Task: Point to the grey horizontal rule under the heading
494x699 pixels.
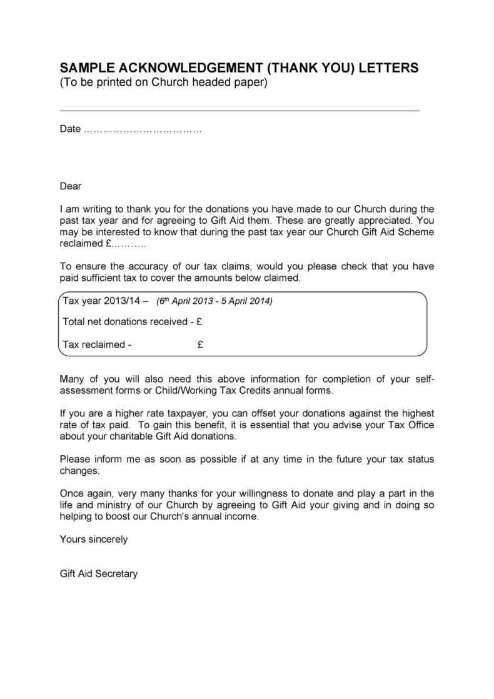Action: click(x=239, y=111)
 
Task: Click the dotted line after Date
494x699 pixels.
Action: click(x=143, y=129)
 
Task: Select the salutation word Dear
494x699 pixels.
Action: click(x=71, y=186)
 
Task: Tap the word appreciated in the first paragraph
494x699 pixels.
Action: click(x=382, y=221)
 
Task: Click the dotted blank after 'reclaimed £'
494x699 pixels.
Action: click(x=129, y=244)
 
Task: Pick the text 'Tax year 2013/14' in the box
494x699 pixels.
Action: click(x=102, y=301)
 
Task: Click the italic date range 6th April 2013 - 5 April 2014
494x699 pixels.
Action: click(x=214, y=301)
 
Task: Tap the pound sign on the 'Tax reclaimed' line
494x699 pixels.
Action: click(x=200, y=344)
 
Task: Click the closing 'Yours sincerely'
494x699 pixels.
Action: click(x=94, y=539)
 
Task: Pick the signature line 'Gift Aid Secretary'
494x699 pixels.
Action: click(x=98, y=573)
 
